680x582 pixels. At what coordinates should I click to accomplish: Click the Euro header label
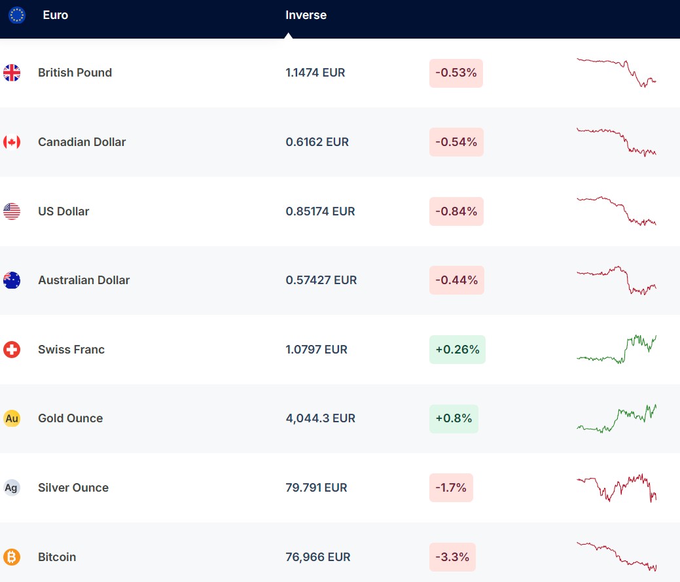coord(55,15)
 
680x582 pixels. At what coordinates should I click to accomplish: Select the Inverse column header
coord(306,15)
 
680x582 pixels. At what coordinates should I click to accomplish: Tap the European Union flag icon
coord(17,15)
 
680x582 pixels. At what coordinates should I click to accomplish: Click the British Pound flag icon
coord(12,73)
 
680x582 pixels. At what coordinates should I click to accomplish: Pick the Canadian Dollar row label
coord(82,142)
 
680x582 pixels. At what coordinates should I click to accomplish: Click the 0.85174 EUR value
coord(320,211)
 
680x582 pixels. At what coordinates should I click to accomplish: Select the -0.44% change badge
coord(457,280)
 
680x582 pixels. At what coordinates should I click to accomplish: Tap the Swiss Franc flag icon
coord(12,350)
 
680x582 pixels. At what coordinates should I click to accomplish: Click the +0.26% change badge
coord(457,350)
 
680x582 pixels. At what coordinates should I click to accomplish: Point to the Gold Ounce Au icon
coord(12,418)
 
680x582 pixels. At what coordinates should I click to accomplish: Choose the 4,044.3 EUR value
coord(320,418)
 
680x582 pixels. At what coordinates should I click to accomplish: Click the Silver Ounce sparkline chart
coord(616,488)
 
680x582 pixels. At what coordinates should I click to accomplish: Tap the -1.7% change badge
coord(451,488)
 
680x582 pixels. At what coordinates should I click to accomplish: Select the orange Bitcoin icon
coord(12,557)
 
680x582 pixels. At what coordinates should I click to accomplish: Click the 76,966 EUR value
coord(318,557)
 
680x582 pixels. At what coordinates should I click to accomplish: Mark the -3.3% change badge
coord(452,557)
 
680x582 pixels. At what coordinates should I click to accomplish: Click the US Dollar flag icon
coord(12,211)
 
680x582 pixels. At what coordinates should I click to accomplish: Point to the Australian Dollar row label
coord(84,280)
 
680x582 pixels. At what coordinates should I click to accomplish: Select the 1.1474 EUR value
coord(315,73)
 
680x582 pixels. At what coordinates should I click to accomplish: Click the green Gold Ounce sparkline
coord(616,418)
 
